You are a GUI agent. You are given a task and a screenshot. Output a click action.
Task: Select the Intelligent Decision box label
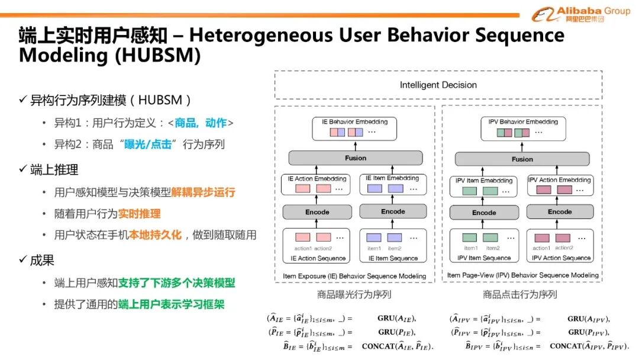[438, 85]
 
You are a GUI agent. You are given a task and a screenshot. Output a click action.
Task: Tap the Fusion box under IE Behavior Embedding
[356, 158]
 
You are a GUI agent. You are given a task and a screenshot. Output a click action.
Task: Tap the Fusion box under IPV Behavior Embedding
[522, 159]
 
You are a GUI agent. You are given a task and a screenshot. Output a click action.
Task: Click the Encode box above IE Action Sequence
[317, 212]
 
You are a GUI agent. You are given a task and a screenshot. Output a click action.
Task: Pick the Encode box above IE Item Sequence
[393, 211]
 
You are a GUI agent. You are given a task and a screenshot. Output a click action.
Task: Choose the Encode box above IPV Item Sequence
[484, 213]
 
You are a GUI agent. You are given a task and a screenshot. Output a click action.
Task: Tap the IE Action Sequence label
[318, 258]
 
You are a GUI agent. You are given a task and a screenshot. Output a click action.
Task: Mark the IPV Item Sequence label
[483, 258]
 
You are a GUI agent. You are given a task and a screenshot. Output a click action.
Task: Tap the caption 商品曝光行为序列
[354, 294]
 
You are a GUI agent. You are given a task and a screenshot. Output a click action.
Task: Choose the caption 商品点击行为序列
[520, 294]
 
